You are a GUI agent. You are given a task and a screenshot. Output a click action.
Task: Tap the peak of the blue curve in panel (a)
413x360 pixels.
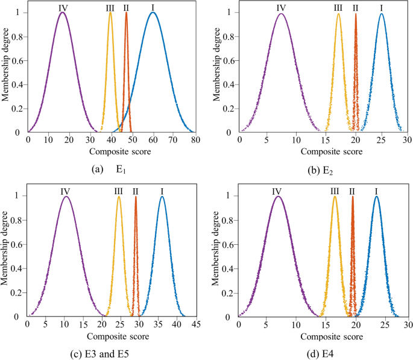[x=154, y=13]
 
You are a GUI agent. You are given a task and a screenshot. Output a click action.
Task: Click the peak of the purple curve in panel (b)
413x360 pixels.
[x=280, y=14]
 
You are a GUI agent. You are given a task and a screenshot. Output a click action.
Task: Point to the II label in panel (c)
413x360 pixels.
[x=136, y=191]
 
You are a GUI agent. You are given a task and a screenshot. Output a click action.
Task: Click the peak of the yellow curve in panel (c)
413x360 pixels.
[x=119, y=197]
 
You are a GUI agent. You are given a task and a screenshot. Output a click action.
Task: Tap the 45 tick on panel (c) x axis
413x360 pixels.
[x=195, y=324]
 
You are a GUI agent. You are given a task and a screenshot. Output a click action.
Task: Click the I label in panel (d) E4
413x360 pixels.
[x=377, y=191]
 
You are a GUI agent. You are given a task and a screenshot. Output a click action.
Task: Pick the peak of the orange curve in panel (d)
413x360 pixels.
[x=353, y=197]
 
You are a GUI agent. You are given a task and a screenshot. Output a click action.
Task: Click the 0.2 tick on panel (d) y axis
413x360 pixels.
[x=228, y=292]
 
